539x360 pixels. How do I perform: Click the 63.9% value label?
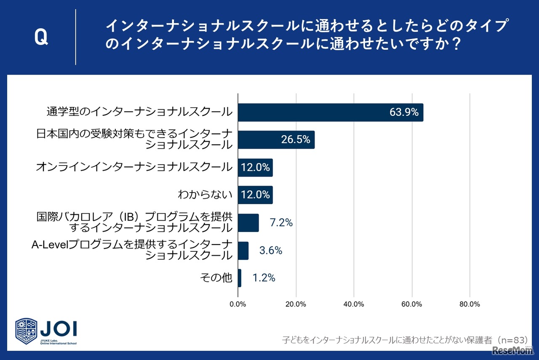[403, 112]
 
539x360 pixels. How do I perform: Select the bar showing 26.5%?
[276, 140]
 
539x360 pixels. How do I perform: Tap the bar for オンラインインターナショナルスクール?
[255, 168]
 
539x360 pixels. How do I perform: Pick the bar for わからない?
[255, 195]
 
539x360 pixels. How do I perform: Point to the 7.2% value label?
[281, 223]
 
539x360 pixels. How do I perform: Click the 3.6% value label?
[271, 251]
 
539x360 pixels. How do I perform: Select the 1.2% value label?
[264, 278]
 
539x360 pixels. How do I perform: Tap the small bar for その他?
[240, 278]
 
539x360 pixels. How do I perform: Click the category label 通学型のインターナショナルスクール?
[139, 112]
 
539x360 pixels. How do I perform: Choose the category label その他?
[216, 278]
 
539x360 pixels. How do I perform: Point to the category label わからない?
[205, 195]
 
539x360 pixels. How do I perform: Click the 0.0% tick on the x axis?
[238, 304]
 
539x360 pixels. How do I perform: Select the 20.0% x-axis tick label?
[296, 304]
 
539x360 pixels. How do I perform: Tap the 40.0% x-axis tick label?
[354, 304]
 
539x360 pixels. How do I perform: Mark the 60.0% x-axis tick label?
[411, 304]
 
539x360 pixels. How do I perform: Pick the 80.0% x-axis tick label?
[469, 304]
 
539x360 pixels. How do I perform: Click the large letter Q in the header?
[41, 38]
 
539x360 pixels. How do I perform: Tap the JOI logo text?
[58, 328]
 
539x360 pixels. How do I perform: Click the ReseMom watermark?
[511, 351]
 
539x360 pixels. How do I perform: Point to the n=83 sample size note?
[504, 340]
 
